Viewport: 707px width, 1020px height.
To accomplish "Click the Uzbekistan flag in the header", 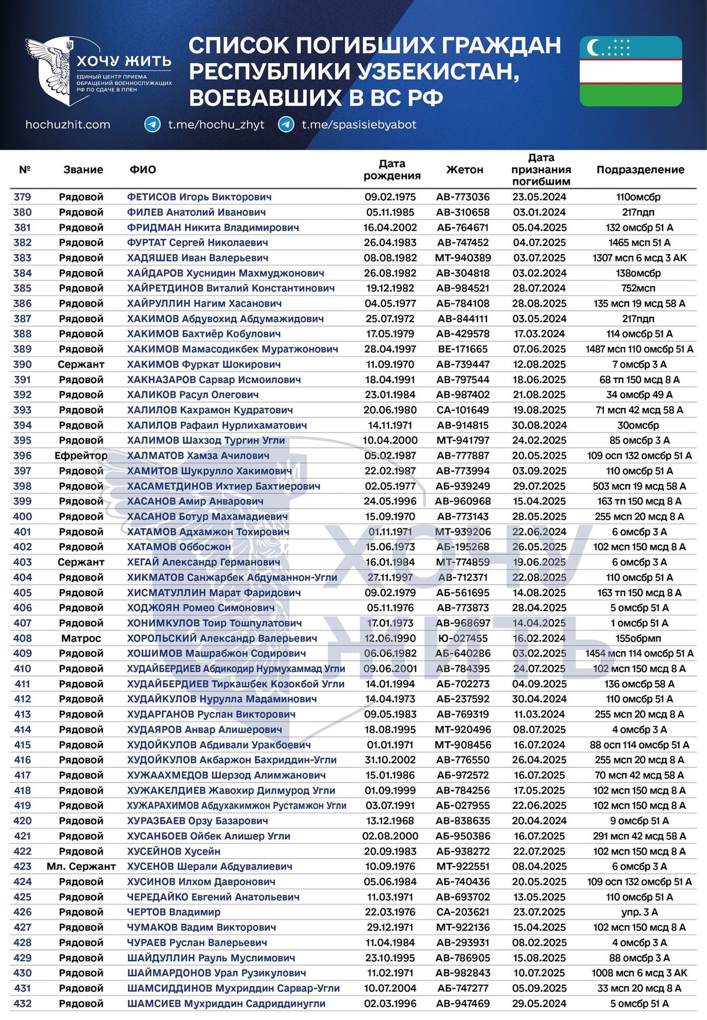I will (630, 71).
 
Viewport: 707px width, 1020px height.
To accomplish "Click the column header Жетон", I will (465, 170).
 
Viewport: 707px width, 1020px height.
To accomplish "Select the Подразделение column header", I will (640, 170).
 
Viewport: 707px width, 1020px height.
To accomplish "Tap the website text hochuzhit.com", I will (67, 124).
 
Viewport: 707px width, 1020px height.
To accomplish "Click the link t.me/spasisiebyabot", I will (359, 124).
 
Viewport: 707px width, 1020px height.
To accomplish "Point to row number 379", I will (22, 197).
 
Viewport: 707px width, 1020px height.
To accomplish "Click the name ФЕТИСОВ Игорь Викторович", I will (199, 197).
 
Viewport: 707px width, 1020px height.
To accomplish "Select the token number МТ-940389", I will (462, 258).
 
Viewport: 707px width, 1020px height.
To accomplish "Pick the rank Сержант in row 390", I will (81, 364).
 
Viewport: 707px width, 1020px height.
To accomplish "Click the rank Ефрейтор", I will (81, 455).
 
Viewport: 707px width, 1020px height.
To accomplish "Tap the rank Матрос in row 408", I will (81, 638).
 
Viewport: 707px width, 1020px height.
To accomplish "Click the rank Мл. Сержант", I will (81, 866).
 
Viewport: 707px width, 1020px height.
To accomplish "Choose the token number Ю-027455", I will (462, 638).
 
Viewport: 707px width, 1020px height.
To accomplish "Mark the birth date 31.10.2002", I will (390, 760).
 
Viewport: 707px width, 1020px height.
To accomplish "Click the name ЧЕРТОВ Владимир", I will (174, 912).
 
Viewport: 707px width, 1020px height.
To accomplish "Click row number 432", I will (22, 1003).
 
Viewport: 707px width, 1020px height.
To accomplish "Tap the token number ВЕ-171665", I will (462, 349).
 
